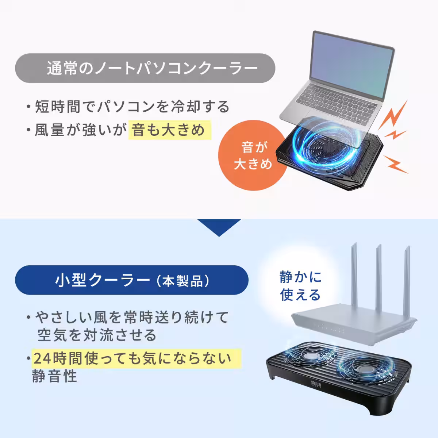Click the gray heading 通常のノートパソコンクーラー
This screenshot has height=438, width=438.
click(x=145, y=68)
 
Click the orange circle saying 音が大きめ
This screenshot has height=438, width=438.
click(x=253, y=156)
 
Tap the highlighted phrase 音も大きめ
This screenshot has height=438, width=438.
click(x=170, y=130)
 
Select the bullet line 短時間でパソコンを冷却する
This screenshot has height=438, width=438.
click(x=131, y=107)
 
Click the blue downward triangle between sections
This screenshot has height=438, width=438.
click(x=219, y=226)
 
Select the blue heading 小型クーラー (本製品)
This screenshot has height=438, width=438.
click(x=131, y=280)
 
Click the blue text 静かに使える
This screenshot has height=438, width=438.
click(x=300, y=286)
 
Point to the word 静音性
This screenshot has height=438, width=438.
click(x=55, y=376)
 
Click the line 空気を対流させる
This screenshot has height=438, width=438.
click(x=97, y=335)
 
